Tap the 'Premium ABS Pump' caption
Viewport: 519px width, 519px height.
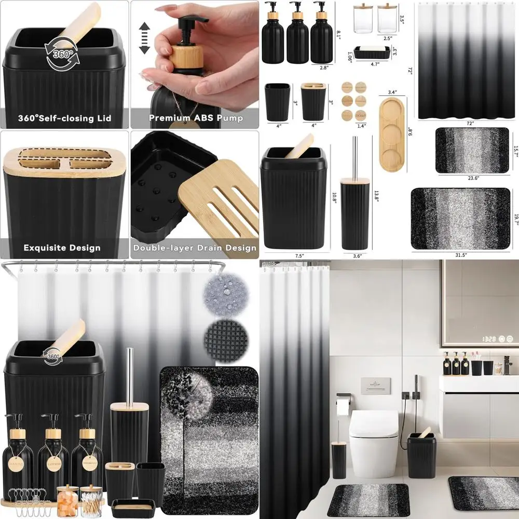196,118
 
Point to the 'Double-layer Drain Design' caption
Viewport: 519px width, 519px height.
195,248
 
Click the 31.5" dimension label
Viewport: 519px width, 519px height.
457,255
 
